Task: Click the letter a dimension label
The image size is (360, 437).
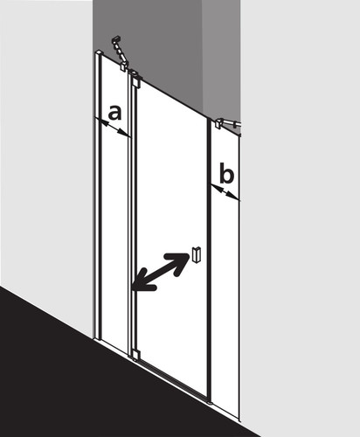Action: pyautogui.click(x=114, y=113)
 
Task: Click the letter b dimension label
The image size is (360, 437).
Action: pyautogui.click(x=226, y=173)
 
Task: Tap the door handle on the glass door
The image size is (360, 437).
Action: pyautogui.click(x=197, y=254)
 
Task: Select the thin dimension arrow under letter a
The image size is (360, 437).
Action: pyautogui.click(x=112, y=127)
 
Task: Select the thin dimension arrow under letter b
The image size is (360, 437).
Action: pyautogui.click(x=225, y=191)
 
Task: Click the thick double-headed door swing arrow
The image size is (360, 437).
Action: pyautogui.click(x=161, y=272)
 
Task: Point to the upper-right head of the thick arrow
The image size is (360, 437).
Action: pyautogui.click(x=181, y=260)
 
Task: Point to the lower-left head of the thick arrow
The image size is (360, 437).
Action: pyautogui.click(x=142, y=283)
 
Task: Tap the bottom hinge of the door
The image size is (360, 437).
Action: pyautogui.click(x=136, y=355)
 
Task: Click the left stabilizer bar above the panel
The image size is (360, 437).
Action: pyautogui.click(x=121, y=53)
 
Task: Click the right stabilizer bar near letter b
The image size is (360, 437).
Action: pyautogui.click(x=229, y=123)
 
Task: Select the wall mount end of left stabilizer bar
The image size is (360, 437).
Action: pyautogui.click(x=116, y=39)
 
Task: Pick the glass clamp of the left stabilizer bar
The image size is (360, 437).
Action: pyautogui.click(x=124, y=66)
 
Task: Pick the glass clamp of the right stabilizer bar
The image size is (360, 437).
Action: pyautogui.click(x=218, y=123)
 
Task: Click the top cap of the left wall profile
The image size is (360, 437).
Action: pyautogui.click(x=99, y=52)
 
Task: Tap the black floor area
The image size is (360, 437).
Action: pyautogui.click(x=87, y=378)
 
